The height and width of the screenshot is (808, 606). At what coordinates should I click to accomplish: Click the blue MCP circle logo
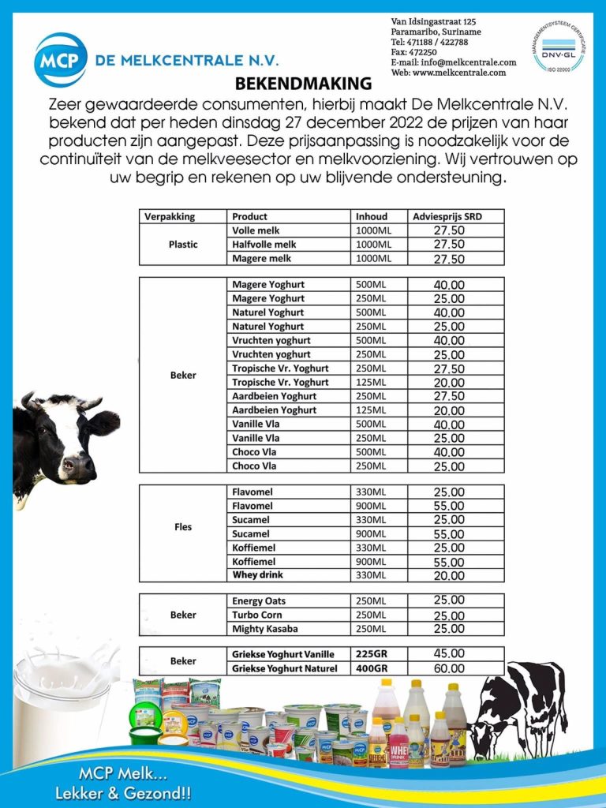[61, 60]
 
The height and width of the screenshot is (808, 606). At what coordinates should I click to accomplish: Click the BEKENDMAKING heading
[303, 84]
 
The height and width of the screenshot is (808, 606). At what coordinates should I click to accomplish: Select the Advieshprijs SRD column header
[448, 216]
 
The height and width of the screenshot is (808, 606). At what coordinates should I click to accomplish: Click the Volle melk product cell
[256, 230]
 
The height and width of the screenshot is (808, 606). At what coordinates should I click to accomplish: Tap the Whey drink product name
[257, 575]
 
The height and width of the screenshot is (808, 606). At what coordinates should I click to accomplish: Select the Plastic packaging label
[183, 245]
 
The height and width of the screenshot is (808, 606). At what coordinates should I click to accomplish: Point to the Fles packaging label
[183, 527]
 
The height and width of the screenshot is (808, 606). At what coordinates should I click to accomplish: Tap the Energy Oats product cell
[259, 601]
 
